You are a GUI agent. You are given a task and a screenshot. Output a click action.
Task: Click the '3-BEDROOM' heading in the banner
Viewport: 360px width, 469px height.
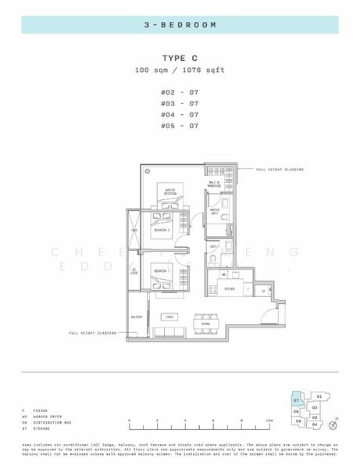point(180,25)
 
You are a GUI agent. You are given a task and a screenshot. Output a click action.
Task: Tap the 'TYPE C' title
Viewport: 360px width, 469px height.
point(180,59)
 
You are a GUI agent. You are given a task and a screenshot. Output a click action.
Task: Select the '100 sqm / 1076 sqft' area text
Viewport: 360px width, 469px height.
point(180,70)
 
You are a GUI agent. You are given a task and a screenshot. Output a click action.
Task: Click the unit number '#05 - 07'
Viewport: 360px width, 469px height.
point(180,125)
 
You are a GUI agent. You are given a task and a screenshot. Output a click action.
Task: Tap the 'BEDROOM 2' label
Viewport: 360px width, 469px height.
point(161,232)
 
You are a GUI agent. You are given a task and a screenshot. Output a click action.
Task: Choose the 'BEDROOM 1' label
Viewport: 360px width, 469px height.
point(161,271)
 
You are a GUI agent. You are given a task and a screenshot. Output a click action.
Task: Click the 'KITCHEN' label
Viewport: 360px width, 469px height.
point(230,289)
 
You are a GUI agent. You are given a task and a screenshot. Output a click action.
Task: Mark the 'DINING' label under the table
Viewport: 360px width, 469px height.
point(206,324)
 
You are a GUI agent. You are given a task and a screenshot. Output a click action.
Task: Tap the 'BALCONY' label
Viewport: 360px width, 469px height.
point(136,317)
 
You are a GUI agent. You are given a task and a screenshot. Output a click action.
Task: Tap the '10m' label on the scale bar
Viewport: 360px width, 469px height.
point(269,421)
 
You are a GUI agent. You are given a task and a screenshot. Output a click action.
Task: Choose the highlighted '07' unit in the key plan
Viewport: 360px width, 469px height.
point(297,400)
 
